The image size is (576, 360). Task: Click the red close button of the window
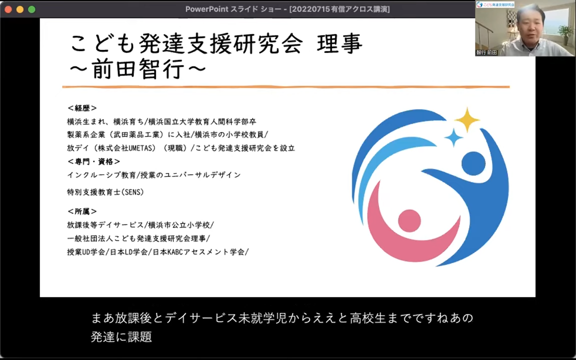[x=8, y=9]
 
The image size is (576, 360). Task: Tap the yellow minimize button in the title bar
[x=20, y=9]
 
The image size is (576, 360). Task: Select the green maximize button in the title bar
[x=31, y=9]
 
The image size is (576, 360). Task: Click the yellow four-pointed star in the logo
[x=467, y=119]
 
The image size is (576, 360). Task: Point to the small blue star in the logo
[x=453, y=137]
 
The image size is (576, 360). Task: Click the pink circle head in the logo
[x=409, y=221]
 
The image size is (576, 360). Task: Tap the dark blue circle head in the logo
[x=473, y=164]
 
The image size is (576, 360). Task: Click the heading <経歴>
[x=82, y=108]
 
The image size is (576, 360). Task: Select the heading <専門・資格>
[x=93, y=161]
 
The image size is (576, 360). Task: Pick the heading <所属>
[x=82, y=211]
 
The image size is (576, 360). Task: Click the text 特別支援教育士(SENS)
[x=105, y=192]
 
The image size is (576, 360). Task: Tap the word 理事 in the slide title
[x=340, y=43]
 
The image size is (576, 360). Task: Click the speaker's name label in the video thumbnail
[x=486, y=52]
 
